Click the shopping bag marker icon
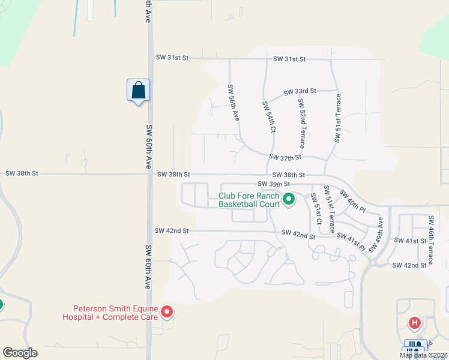[x=138, y=91]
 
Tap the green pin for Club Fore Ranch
[x=288, y=198]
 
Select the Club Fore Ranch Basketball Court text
[x=249, y=200]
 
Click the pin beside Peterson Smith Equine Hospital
[x=167, y=312]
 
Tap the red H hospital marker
[x=414, y=323]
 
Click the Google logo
[x=20, y=353]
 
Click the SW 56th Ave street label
[x=234, y=103]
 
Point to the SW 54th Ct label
[x=268, y=117]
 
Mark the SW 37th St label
[x=285, y=157]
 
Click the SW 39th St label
[x=274, y=184]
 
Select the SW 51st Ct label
[x=315, y=209]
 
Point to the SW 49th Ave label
[x=380, y=230]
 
